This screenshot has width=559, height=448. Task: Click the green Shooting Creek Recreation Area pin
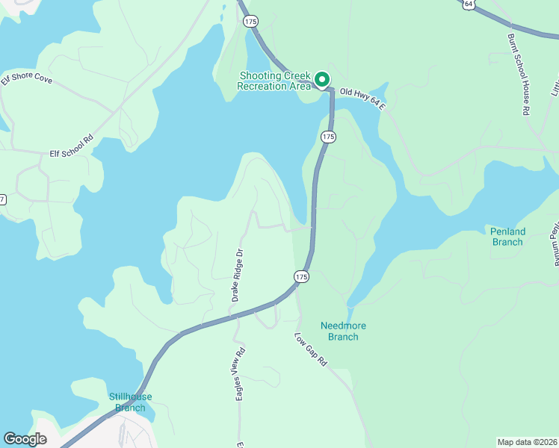pyautogui.click(x=322, y=78)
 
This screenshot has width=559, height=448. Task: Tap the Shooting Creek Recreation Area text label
pyautogui.click(x=274, y=81)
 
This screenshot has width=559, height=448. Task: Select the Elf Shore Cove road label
pyautogui.click(x=27, y=78)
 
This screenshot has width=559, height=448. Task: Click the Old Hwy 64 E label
pyautogui.click(x=362, y=99)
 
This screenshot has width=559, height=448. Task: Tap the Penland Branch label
pyautogui.click(x=507, y=237)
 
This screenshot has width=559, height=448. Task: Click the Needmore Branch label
pyautogui.click(x=343, y=331)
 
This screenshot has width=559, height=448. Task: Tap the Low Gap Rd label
pyautogui.click(x=312, y=349)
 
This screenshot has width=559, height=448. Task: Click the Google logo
pyautogui.click(x=25, y=439)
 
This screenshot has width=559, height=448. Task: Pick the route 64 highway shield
pyautogui.click(x=468, y=4)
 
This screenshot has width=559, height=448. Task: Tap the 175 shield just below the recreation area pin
pyautogui.click(x=328, y=137)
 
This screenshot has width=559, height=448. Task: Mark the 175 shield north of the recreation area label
pyautogui.click(x=250, y=22)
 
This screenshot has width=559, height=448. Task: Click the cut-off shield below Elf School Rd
pyautogui.click(x=2, y=199)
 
